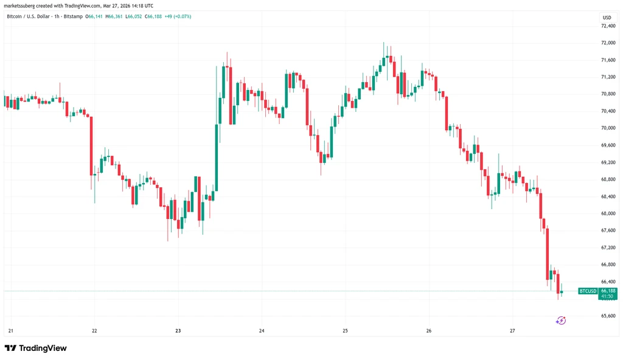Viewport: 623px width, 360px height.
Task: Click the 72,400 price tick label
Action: click(x=608, y=26)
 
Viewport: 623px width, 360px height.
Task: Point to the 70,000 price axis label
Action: click(x=608, y=128)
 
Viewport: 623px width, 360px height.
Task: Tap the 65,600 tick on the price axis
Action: click(x=608, y=316)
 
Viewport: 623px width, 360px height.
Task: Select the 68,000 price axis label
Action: click(x=608, y=213)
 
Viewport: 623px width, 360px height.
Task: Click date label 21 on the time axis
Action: click(x=11, y=331)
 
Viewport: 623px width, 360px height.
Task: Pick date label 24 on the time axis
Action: click(x=262, y=331)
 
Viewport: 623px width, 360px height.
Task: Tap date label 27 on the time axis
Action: click(x=512, y=331)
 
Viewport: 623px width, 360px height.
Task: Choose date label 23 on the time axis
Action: click(x=178, y=331)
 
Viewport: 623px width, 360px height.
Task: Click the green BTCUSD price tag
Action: click(x=588, y=291)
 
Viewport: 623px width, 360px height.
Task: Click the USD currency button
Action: click(x=607, y=18)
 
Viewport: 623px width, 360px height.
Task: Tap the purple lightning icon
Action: click(x=560, y=320)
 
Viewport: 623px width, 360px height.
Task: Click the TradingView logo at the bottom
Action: click(x=36, y=348)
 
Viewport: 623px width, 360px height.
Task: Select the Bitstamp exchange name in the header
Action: click(x=73, y=16)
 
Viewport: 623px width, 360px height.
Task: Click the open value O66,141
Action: click(x=94, y=16)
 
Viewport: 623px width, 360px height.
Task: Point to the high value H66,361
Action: click(x=114, y=16)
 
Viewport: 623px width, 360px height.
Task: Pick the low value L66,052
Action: click(x=133, y=16)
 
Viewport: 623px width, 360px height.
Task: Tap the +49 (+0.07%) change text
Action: click(x=178, y=16)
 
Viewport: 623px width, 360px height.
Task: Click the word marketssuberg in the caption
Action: click(x=19, y=6)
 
